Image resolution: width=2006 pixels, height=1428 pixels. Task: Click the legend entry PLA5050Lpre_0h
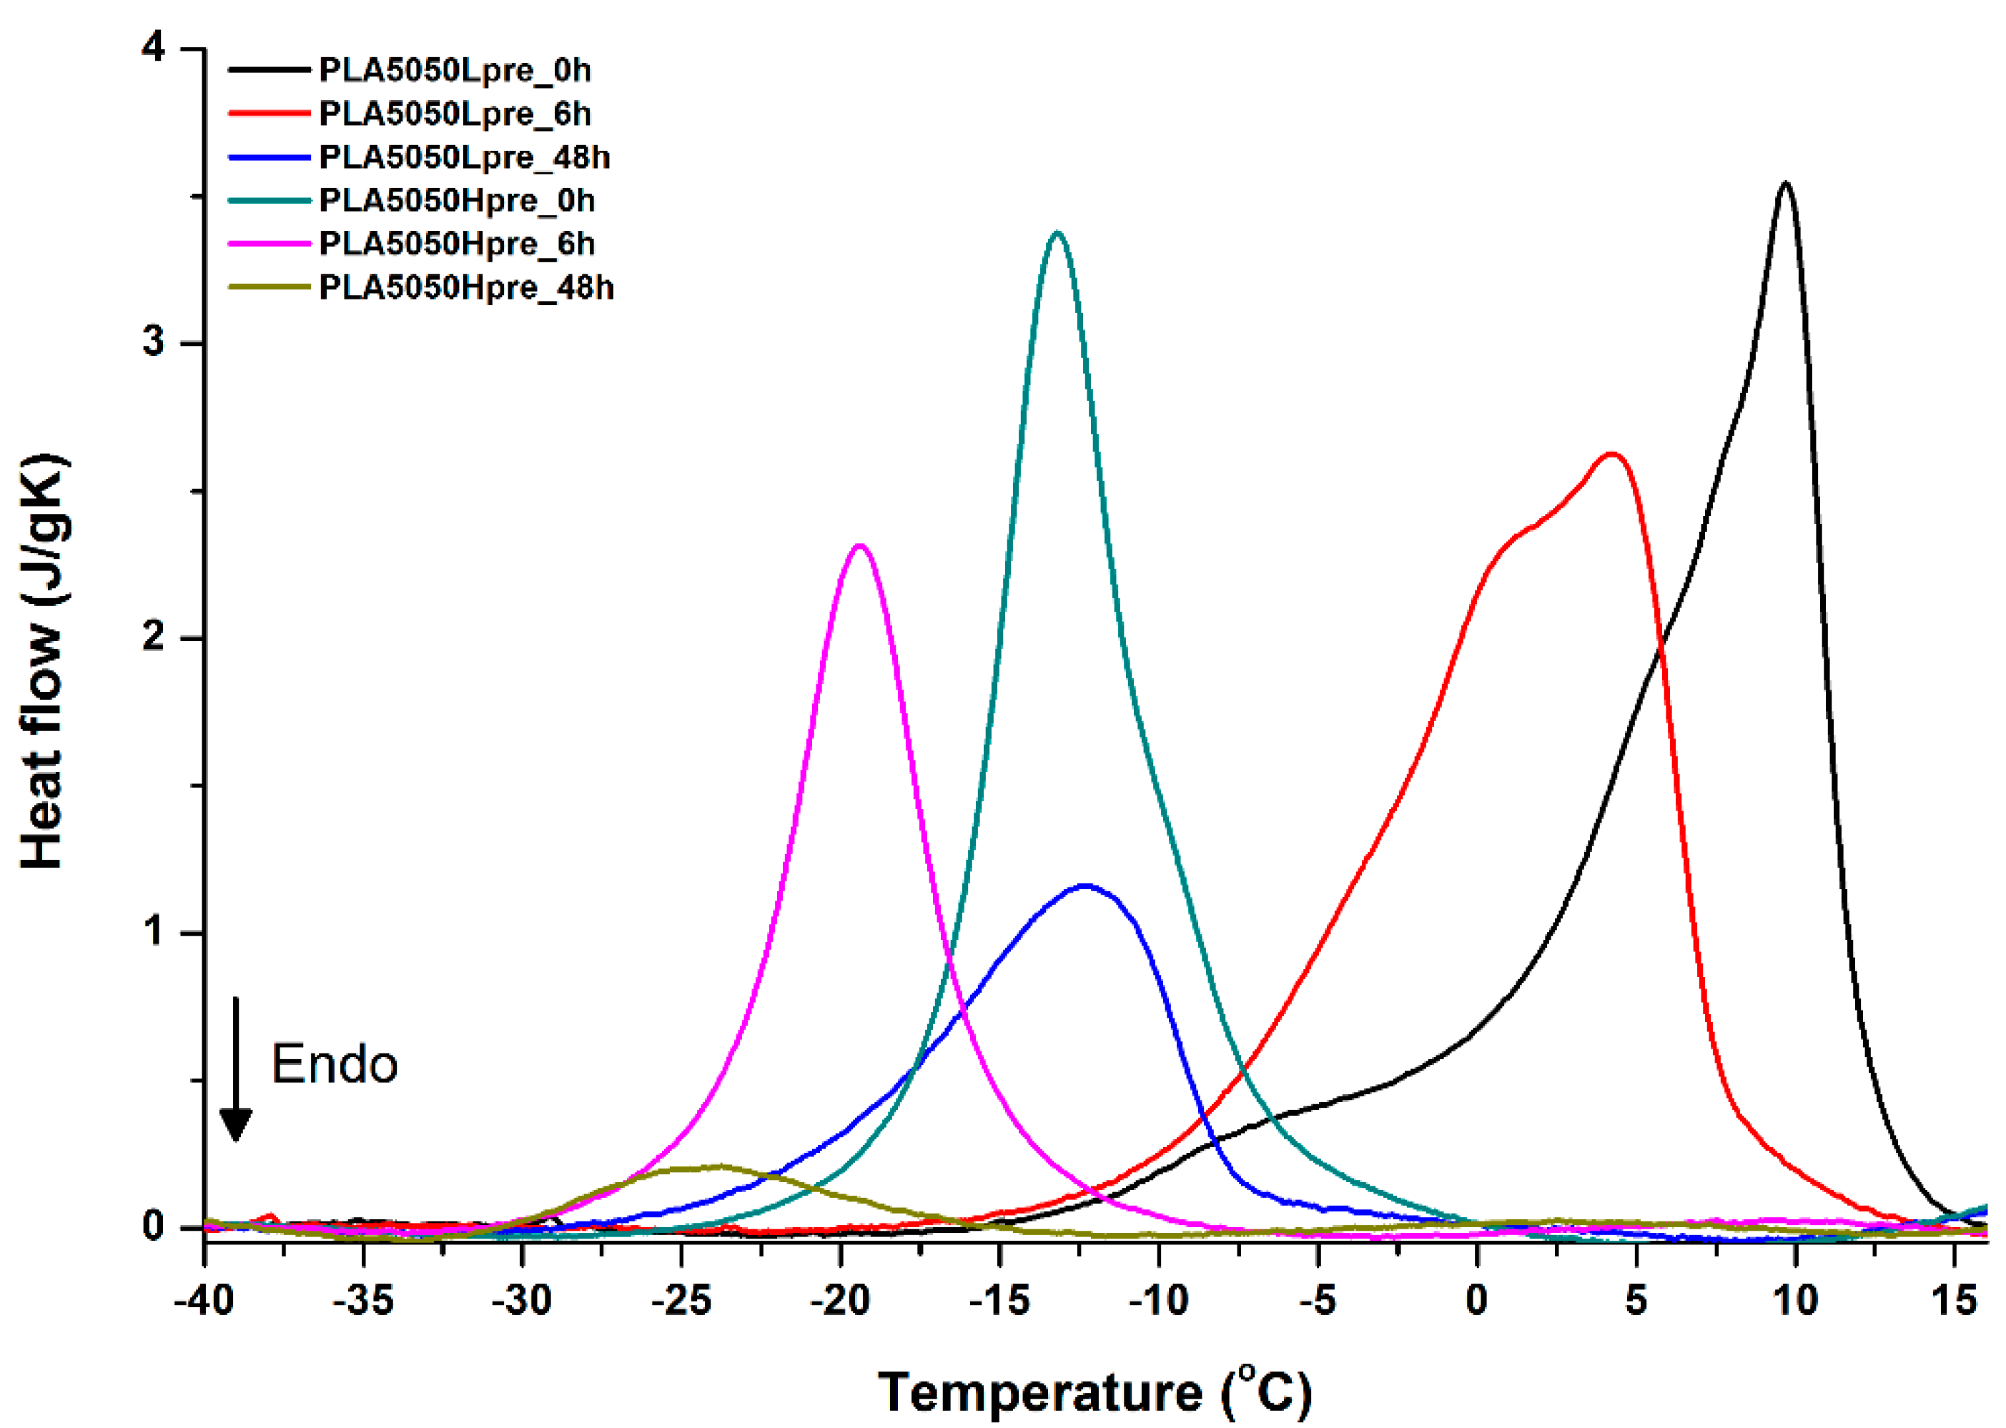(454, 69)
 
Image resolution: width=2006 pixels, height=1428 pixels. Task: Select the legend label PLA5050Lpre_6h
(454, 114)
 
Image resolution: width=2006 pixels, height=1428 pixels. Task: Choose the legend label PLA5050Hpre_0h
(456, 201)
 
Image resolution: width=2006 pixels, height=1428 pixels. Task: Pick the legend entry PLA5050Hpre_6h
(456, 244)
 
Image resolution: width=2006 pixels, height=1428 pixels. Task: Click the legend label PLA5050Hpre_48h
(466, 287)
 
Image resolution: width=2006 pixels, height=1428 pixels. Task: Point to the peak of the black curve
(1784, 184)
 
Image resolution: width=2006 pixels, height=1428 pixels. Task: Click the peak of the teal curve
(1057, 233)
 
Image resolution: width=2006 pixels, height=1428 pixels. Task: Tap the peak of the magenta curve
(859, 546)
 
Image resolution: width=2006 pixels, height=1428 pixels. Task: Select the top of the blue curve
(1085, 886)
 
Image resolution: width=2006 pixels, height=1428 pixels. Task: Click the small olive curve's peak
(719, 1167)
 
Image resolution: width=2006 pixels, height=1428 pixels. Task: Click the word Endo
(334, 1065)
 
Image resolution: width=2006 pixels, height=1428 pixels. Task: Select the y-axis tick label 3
(155, 342)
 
